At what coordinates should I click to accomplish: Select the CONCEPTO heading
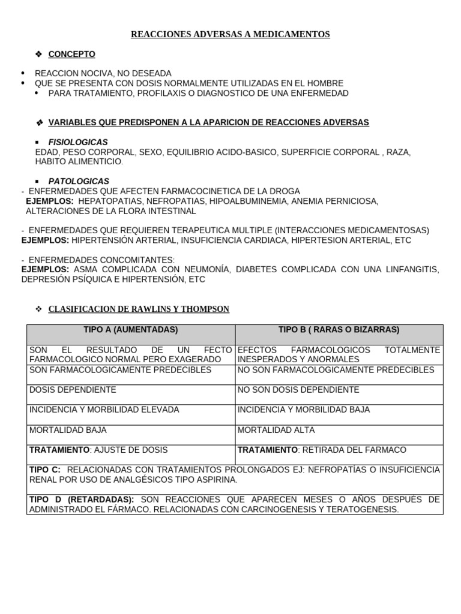click(71, 55)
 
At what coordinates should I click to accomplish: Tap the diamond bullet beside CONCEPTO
click(39, 55)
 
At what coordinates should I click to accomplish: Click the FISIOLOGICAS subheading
click(78, 142)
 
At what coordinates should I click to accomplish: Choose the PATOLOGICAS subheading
click(79, 181)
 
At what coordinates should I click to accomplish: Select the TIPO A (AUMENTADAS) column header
click(131, 330)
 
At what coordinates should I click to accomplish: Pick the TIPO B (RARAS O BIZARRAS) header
click(339, 330)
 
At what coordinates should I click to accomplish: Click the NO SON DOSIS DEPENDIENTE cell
click(298, 390)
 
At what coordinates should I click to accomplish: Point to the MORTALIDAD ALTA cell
click(276, 431)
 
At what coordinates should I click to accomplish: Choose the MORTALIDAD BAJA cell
click(68, 431)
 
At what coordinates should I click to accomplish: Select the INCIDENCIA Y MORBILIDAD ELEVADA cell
click(104, 410)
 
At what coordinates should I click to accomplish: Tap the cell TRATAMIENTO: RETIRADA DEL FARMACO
click(322, 450)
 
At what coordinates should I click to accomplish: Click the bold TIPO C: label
click(45, 469)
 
